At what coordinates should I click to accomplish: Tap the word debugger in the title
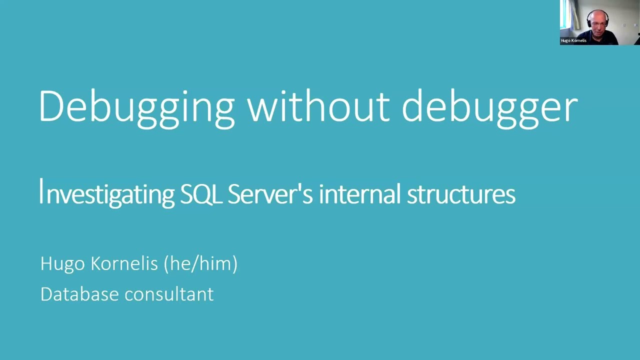click(x=489, y=106)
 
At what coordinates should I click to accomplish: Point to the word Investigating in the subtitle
click(x=107, y=194)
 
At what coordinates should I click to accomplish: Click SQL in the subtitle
click(x=200, y=194)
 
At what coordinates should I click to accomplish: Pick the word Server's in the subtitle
click(x=270, y=194)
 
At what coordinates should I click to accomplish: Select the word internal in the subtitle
click(x=359, y=194)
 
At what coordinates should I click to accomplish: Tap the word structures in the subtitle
click(x=460, y=194)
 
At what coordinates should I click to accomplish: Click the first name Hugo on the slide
click(x=62, y=263)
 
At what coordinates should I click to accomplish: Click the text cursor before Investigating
click(x=40, y=192)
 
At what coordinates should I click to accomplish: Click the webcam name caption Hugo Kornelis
click(x=573, y=40)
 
